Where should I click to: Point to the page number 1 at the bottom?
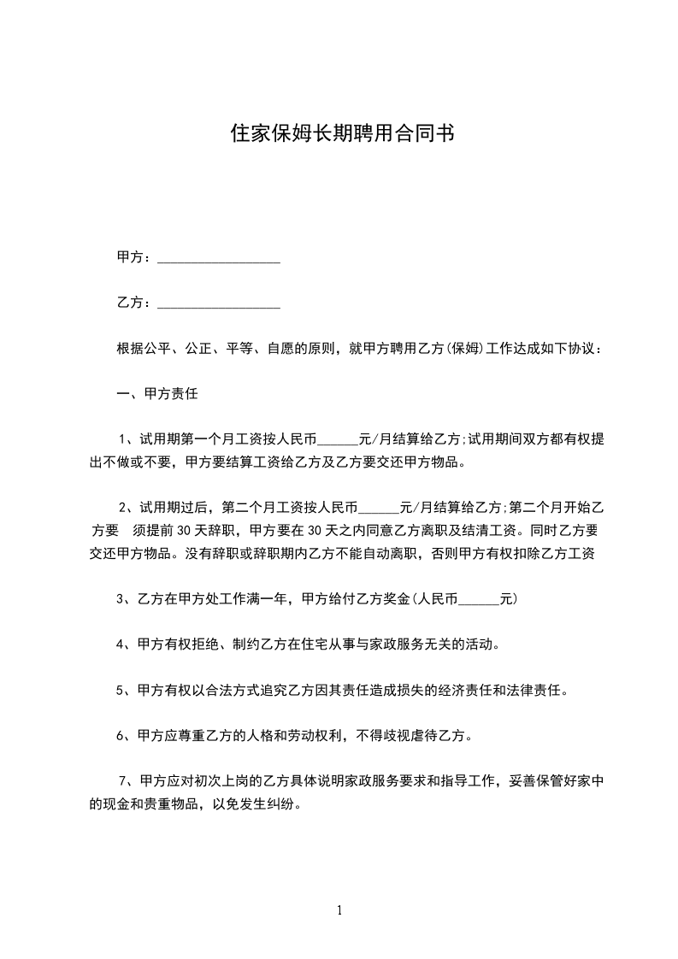tap(339, 911)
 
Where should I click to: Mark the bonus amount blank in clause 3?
tap(479, 602)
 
